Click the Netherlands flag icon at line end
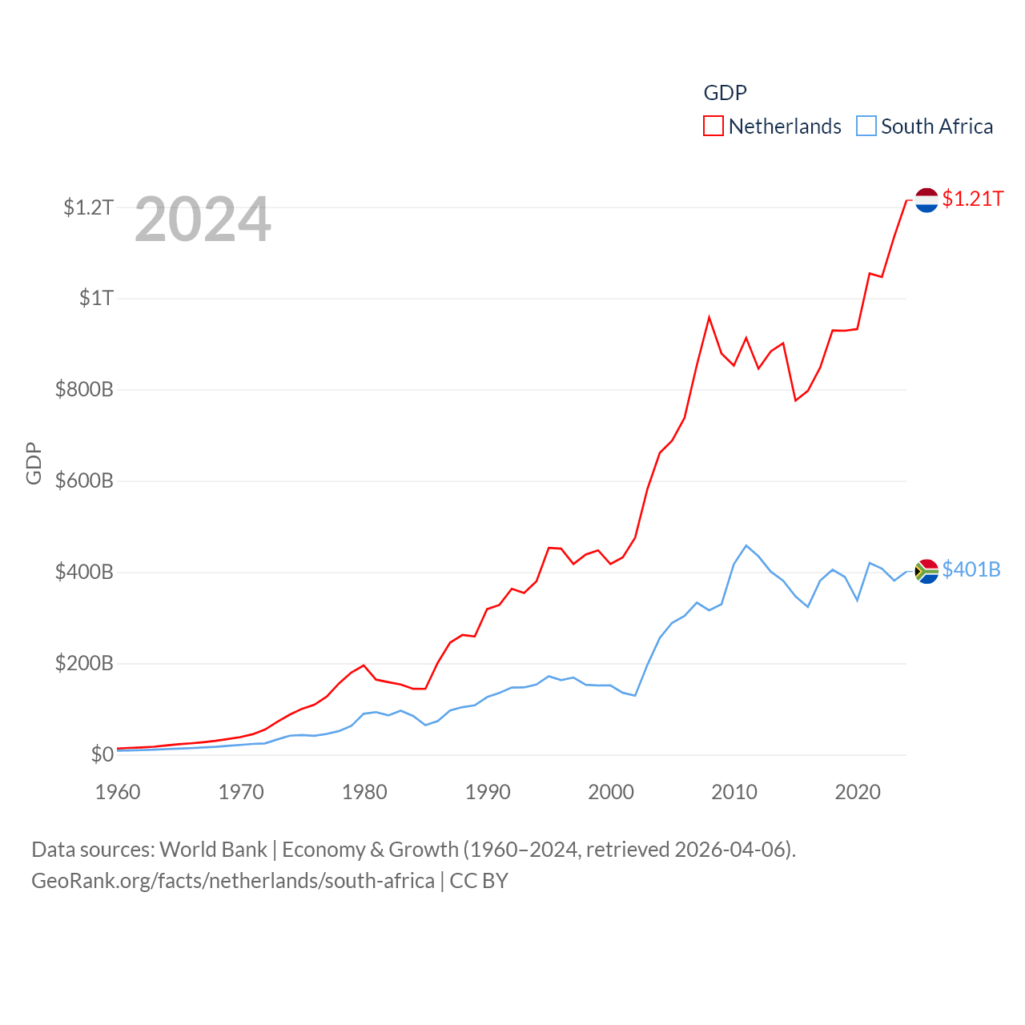927,200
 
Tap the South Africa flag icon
927,571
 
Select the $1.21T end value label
973,199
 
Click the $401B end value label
971,569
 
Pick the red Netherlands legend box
713,127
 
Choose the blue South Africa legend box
866,127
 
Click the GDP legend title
725,93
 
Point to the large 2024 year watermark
203,219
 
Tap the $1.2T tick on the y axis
89,207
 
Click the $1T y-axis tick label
96,298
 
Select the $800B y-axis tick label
84,389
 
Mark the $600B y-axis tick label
84,480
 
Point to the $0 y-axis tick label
102,754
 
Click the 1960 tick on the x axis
118,792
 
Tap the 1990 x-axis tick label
488,792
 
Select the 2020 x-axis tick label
858,792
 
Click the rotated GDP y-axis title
34,463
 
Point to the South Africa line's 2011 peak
746,546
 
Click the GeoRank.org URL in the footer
233,881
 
